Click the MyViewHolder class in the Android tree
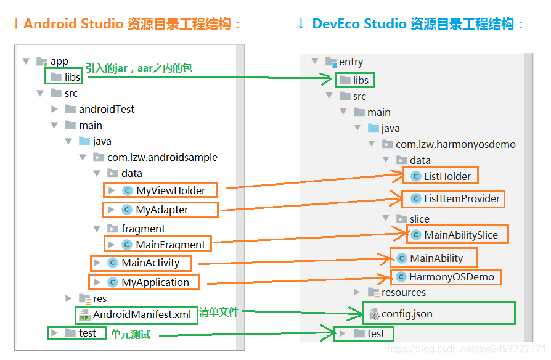point(170,190)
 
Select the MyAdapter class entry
point(161,210)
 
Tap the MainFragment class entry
point(170,245)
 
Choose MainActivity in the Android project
point(150,263)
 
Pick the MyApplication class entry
point(155,282)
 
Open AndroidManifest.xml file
point(141,314)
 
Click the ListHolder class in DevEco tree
point(447,176)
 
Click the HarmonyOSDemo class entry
point(451,277)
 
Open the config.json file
point(406,314)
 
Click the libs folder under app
point(72,77)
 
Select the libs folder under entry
point(361,80)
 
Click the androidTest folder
point(106,109)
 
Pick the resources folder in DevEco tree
point(403,292)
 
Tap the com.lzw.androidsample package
point(161,157)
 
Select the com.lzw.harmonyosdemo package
point(455,144)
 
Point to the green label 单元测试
point(131,333)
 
